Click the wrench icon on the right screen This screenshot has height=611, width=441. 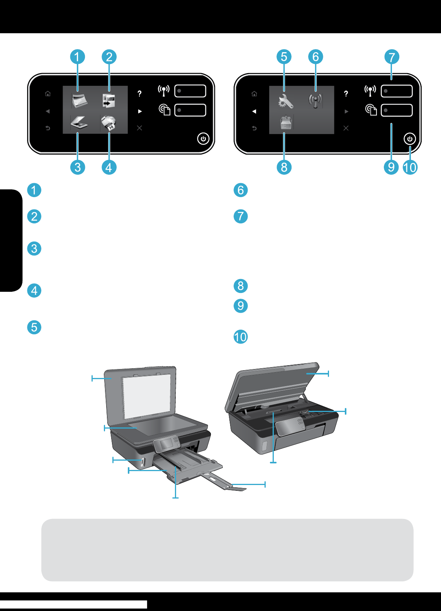coord(285,101)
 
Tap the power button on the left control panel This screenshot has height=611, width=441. coord(203,139)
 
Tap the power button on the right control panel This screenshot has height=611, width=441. coord(410,139)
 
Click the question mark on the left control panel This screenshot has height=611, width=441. coord(139,94)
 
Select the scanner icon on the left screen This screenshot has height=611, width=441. coord(79,123)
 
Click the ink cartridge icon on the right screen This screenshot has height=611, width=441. coord(286,123)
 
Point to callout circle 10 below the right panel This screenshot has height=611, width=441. coord(410,167)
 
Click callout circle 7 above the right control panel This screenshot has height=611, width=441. coord(392,57)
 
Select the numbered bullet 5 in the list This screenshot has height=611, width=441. coord(34,327)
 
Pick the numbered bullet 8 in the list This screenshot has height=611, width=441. coord(241,286)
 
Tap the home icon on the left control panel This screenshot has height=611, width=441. coord(48,94)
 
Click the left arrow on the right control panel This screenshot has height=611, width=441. coord(254,111)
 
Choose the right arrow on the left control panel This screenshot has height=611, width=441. coord(140,111)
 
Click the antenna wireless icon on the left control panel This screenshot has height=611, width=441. coord(164,91)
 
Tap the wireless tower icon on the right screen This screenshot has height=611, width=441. coord(315,101)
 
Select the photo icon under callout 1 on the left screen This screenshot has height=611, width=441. coord(79,101)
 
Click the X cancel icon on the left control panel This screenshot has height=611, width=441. coord(139,128)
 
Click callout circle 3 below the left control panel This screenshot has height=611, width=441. coord(78,167)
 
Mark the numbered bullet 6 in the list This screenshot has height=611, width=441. coord(241,190)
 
